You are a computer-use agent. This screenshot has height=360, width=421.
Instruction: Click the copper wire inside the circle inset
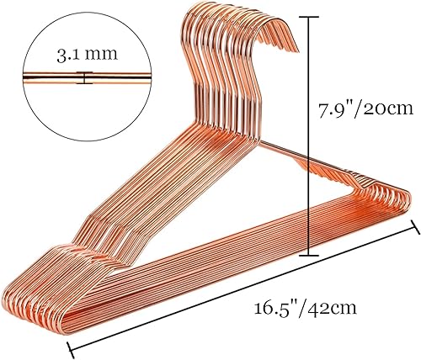[51, 80]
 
